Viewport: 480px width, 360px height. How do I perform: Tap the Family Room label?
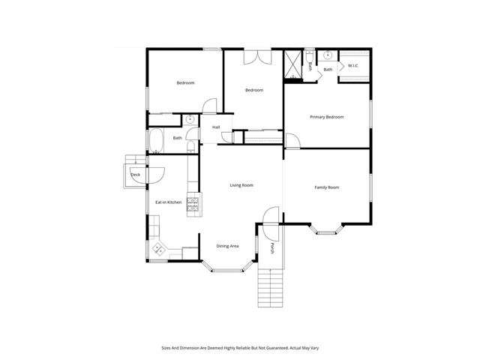(327, 187)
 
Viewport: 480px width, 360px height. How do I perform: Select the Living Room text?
(241, 184)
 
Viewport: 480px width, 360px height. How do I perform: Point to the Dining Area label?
(227, 246)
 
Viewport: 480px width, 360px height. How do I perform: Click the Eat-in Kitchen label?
(168, 202)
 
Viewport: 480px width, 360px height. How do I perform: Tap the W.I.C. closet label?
(353, 66)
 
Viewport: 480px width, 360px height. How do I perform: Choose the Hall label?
(216, 127)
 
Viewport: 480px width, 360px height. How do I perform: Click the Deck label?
(135, 175)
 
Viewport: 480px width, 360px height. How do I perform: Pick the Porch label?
(272, 249)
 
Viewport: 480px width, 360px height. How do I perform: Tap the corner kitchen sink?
(158, 250)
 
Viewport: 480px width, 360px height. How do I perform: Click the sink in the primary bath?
(328, 55)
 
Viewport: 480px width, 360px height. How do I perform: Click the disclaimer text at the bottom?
(240, 348)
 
